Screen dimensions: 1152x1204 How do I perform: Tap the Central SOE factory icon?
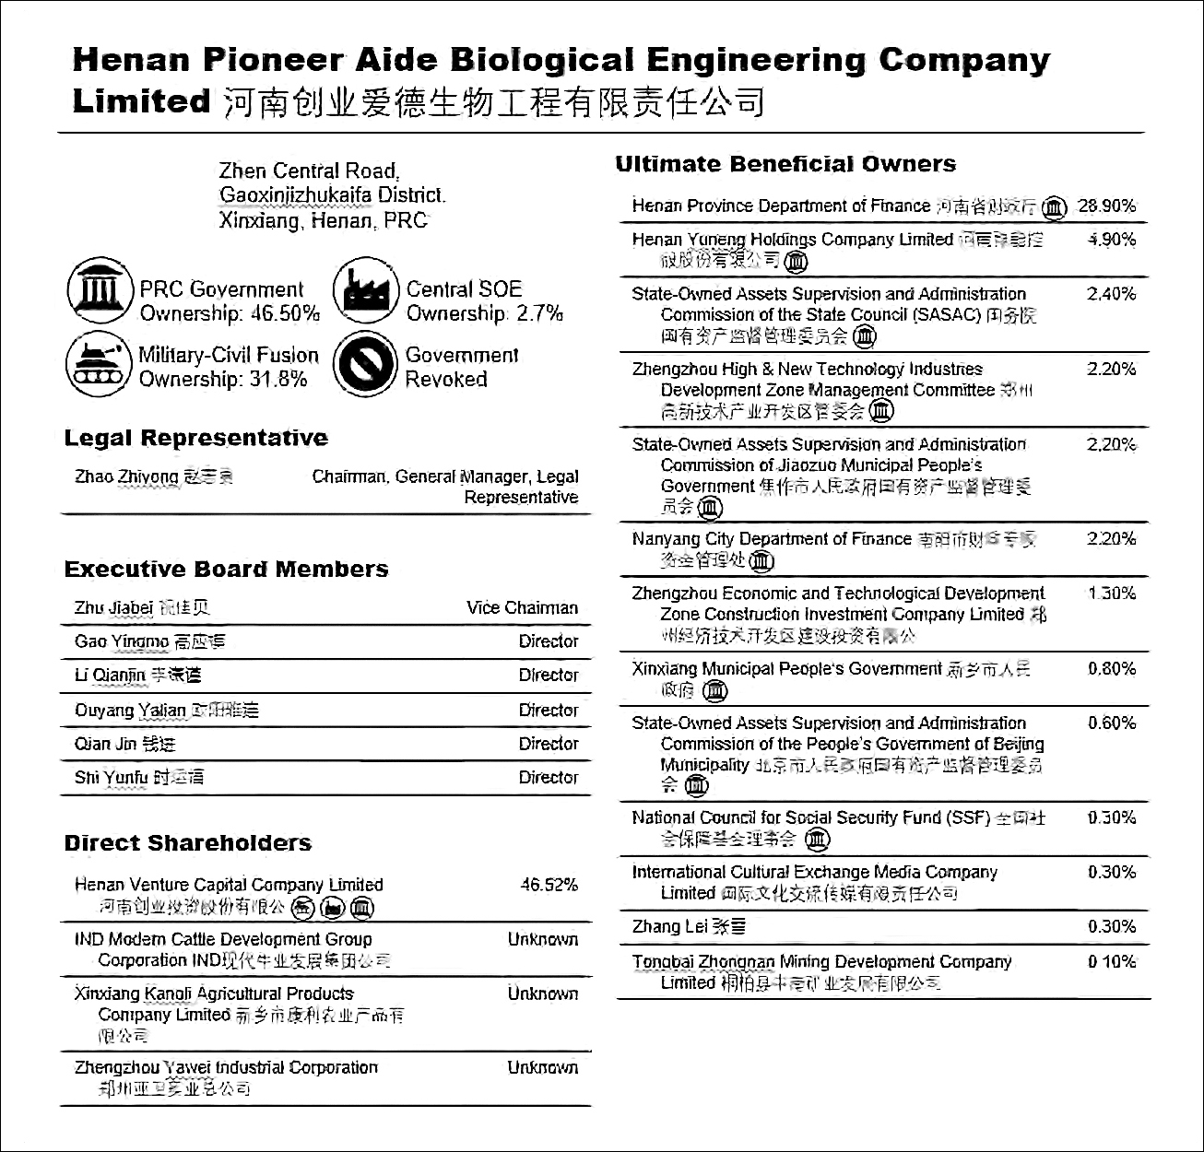click(x=366, y=291)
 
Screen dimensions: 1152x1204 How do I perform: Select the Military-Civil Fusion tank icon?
click(x=99, y=365)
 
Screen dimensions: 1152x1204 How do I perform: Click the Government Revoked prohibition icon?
click(x=366, y=365)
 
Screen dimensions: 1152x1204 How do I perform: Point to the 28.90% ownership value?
click(x=1107, y=206)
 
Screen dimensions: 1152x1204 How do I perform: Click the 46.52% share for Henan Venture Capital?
click(x=549, y=885)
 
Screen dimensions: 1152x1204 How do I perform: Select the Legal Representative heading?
click(x=195, y=438)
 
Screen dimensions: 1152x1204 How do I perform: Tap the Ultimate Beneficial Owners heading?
click(x=785, y=164)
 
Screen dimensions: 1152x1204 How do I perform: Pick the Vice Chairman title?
click(x=522, y=608)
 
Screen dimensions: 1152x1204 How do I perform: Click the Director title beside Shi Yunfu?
click(x=548, y=778)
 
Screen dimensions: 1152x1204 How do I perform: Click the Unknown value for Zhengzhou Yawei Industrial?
click(x=542, y=1068)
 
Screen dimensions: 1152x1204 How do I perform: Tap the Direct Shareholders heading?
click(x=187, y=843)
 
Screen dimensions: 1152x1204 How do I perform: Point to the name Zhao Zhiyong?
click(x=127, y=477)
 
